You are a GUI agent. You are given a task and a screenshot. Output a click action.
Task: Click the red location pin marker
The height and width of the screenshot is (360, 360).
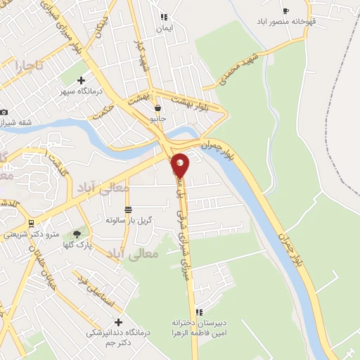[180, 165]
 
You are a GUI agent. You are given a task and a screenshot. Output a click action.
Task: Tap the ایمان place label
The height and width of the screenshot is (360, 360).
[164, 27]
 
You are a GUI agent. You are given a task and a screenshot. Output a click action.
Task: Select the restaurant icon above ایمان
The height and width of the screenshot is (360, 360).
[164, 17]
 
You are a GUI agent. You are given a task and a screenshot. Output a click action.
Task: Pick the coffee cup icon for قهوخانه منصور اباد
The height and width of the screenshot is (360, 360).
[285, 11]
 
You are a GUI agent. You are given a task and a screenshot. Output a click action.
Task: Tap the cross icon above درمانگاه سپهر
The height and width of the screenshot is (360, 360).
[81, 81]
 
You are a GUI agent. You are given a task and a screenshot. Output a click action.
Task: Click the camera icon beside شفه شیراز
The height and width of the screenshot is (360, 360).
[4, 112]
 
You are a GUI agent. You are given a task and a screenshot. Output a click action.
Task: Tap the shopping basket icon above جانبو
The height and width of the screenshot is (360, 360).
[157, 108]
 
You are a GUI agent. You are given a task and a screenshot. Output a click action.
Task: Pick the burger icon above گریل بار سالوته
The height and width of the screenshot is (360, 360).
[128, 210]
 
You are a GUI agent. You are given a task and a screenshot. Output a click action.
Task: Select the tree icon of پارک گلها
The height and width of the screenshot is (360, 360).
[76, 233]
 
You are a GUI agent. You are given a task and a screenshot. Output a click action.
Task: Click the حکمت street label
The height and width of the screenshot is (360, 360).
[104, 111]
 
